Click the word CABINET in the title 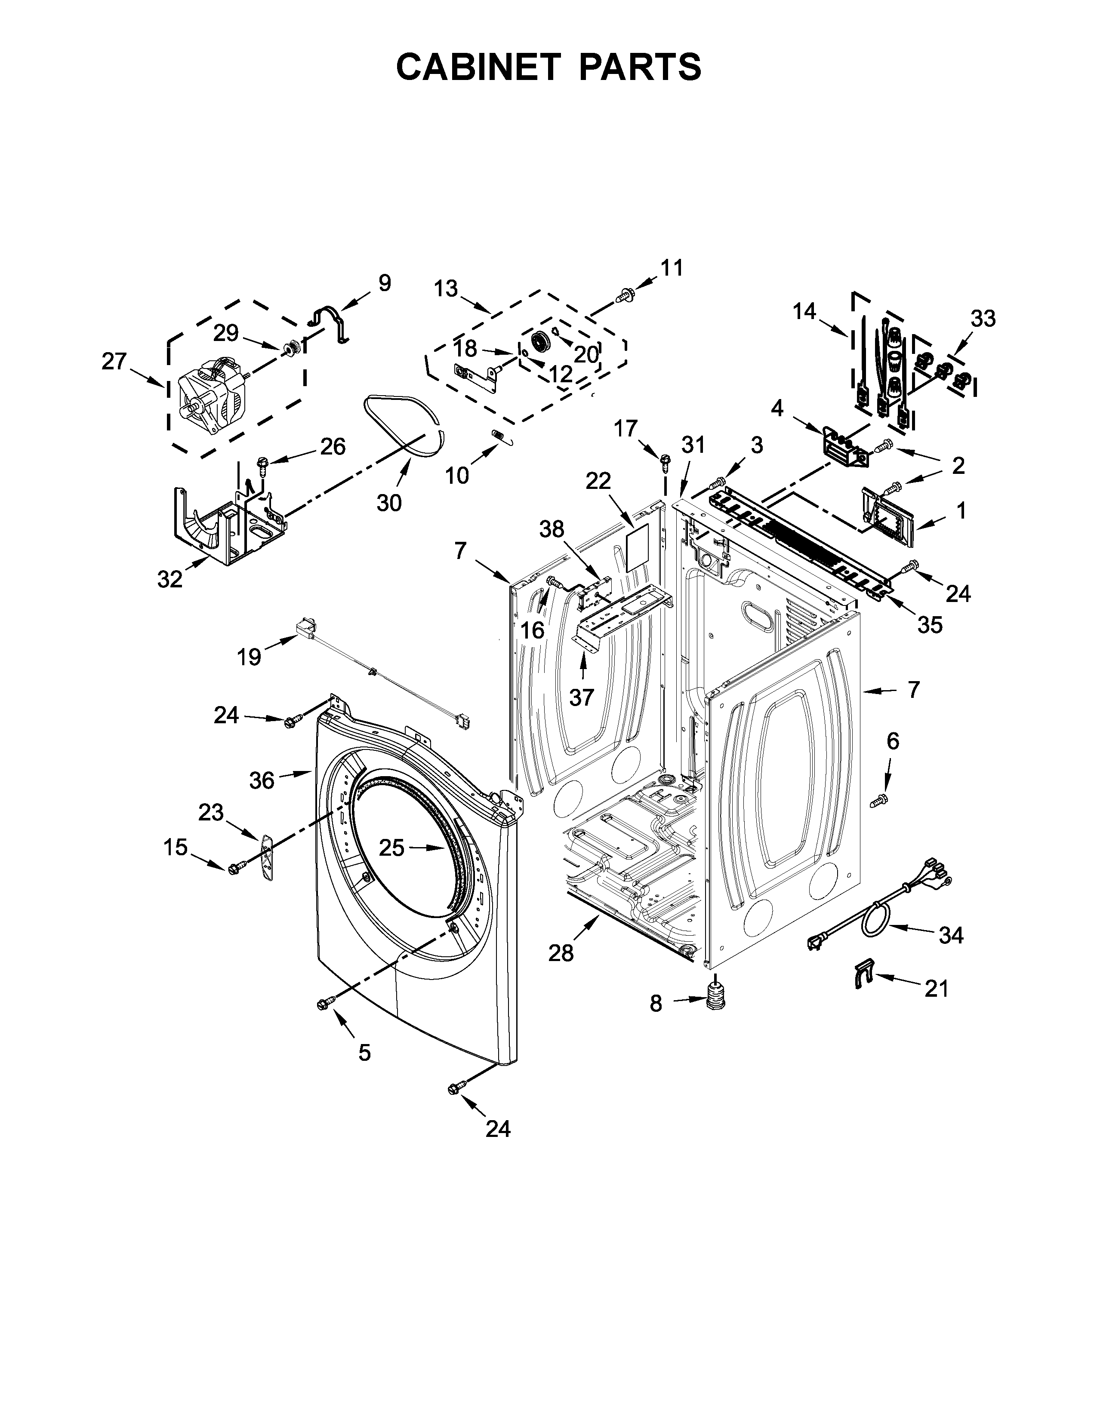tap(478, 67)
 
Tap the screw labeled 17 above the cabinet tap(665, 461)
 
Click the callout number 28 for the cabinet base tap(561, 953)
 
